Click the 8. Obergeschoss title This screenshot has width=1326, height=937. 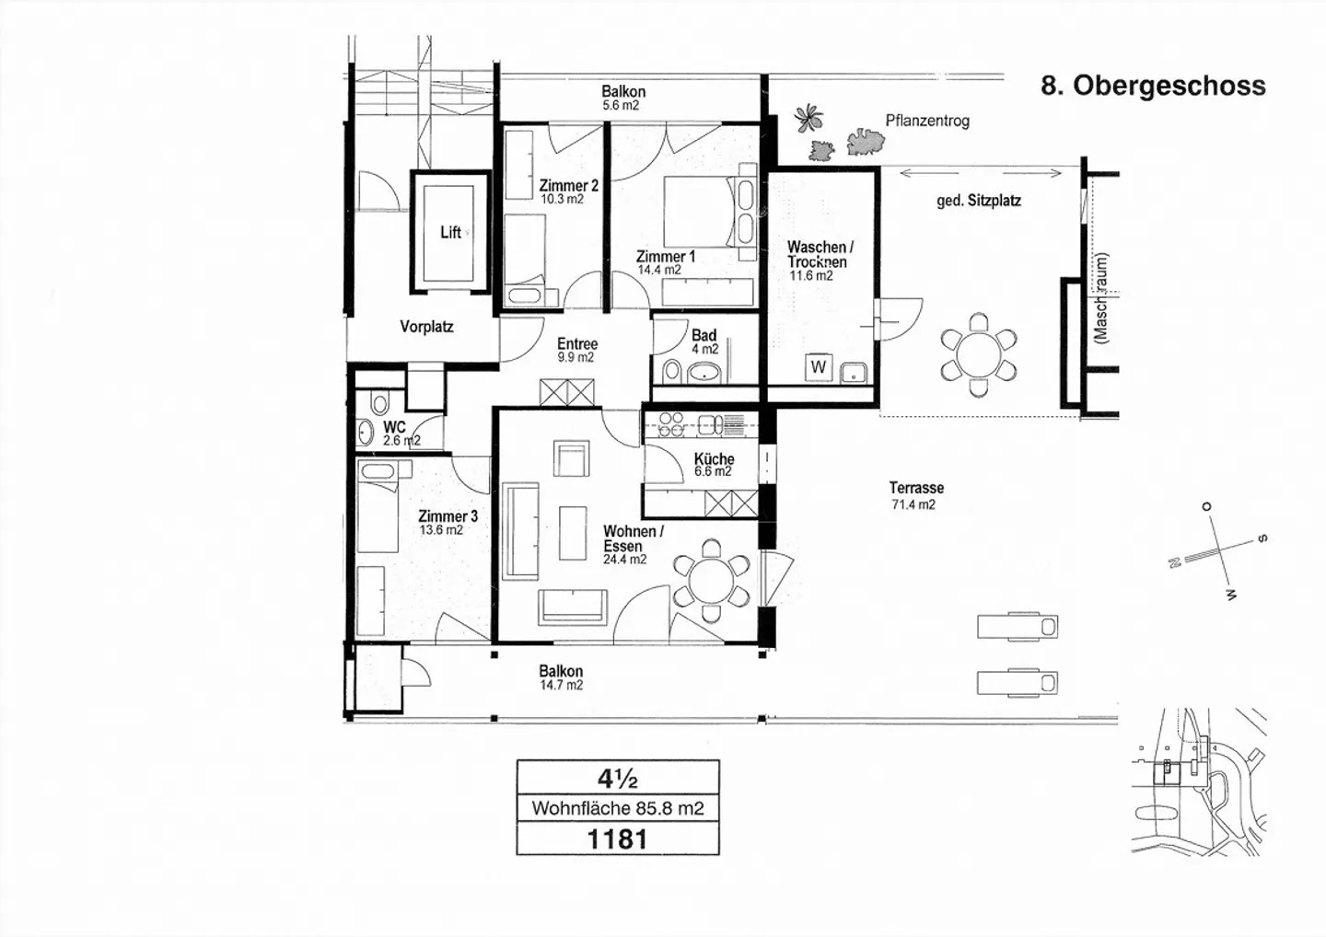click(x=1153, y=86)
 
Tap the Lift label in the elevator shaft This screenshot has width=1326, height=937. click(x=450, y=232)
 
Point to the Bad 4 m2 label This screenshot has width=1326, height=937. click(x=704, y=342)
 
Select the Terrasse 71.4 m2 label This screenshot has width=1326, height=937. click(x=915, y=495)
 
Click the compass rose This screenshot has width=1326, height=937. click(x=1217, y=551)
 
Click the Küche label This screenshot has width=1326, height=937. click(x=714, y=464)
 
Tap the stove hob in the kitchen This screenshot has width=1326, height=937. click(x=669, y=425)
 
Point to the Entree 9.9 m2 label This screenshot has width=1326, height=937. click(x=576, y=350)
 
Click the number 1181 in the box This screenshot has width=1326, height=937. click(x=618, y=839)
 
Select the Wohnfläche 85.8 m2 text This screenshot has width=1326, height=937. click(x=618, y=808)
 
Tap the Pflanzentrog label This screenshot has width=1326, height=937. click(x=926, y=121)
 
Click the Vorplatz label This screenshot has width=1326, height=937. click(x=426, y=327)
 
